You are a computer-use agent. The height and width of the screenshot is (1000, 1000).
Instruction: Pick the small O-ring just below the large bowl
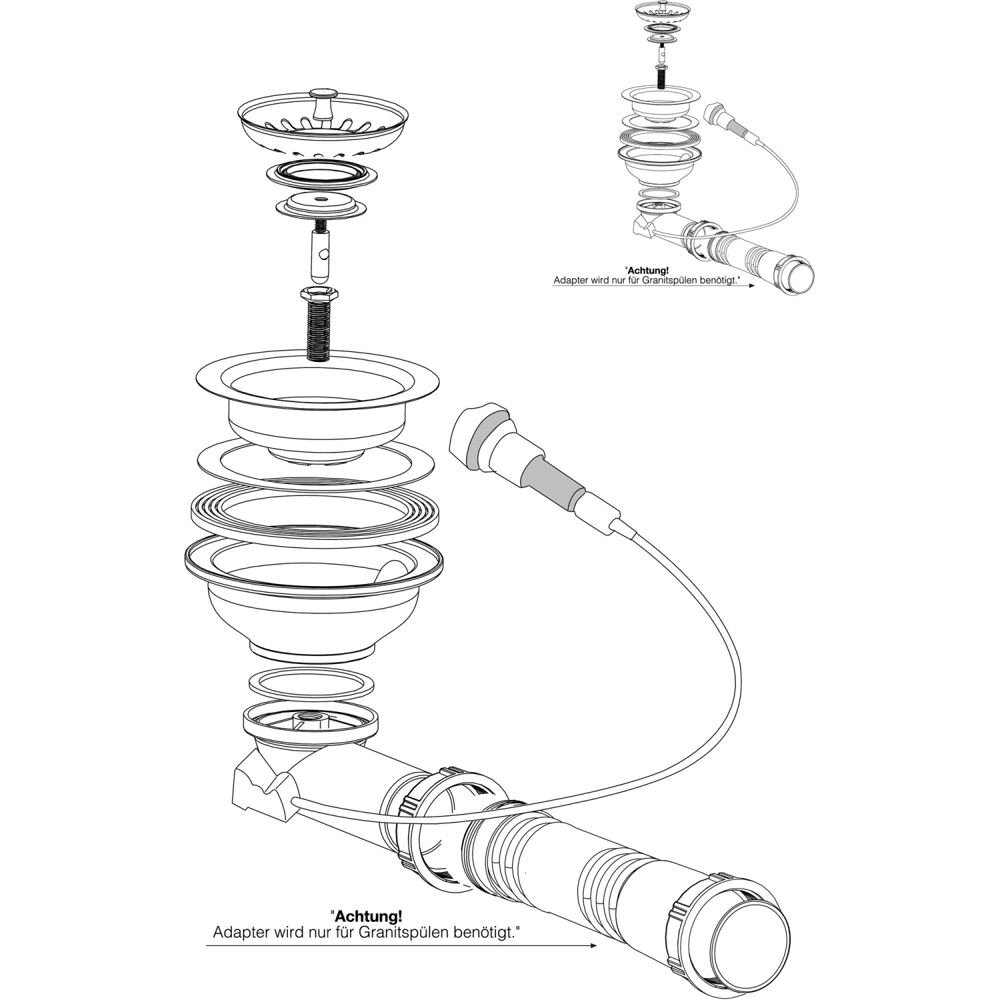311,683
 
